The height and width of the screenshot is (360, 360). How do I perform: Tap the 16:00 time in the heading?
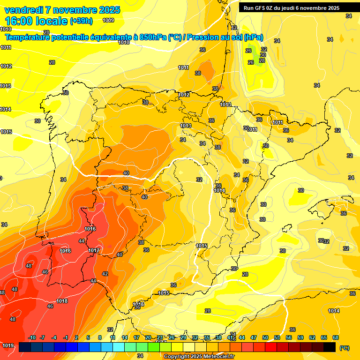pyautogui.click(x=20, y=21)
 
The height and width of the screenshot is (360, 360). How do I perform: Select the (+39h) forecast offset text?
pyautogui.click(x=81, y=21)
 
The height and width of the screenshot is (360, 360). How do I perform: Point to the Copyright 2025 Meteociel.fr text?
pyautogui.click(x=199, y=357)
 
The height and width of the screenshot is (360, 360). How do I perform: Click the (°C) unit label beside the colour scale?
pyautogui.click(x=345, y=348)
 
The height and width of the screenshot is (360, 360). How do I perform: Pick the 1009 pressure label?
pyautogui.click(x=108, y=20)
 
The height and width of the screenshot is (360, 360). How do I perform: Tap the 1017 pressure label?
pyautogui.click(x=94, y=251)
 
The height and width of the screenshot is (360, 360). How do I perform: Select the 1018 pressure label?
pyautogui.click(x=62, y=301)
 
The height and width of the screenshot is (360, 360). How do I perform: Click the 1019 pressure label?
pyautogui.click(x=7, y=346)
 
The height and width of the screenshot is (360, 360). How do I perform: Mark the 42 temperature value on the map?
pyautogui.click(x=105, y=274)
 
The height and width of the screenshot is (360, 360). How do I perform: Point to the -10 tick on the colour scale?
pyautogui.click(x=32, y=337)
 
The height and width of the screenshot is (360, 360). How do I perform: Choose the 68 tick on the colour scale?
pyautogui.click(x=336, y=337)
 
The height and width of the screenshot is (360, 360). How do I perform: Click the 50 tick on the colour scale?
pyautogui.click(x=265, y=337)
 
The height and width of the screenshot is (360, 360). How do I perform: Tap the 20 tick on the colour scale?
pyautogui.click(x=148, y=337)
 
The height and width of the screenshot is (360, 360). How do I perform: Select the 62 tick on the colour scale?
pyautogui.click(x=312, y=337)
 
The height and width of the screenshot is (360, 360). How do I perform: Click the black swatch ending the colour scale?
pyautogui.click(x=330, y=347)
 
